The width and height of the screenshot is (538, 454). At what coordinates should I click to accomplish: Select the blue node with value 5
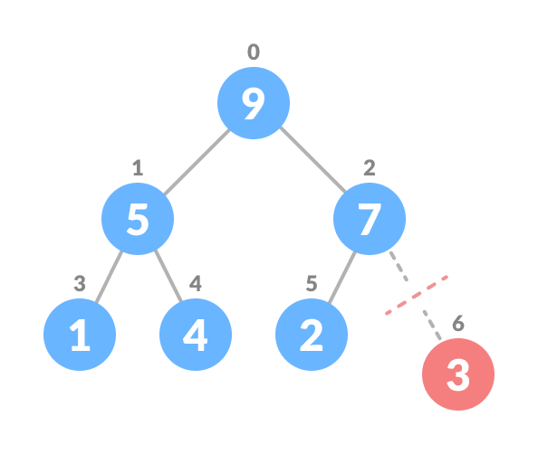137,219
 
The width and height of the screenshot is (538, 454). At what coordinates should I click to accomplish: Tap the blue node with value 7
370,219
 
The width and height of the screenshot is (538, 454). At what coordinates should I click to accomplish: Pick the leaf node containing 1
80,335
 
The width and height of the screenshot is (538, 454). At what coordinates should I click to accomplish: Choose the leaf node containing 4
196,335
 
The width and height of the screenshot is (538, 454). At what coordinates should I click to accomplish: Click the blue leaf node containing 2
312,335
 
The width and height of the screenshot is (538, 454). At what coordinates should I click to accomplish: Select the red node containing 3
458,374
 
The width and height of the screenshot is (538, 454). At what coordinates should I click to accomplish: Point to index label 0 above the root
254,52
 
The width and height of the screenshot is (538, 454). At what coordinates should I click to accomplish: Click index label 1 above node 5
137,168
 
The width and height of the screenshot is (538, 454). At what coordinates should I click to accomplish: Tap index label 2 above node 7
370,168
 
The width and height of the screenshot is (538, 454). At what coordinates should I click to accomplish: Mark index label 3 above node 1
80,284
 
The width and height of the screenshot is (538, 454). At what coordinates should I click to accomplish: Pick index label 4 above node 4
196,284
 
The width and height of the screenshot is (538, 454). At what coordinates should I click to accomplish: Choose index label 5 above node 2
312,284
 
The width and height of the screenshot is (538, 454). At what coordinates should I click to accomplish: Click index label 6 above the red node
458,324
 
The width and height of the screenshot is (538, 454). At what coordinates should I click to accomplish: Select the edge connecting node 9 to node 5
196,161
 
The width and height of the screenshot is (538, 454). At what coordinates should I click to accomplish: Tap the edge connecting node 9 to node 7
312,161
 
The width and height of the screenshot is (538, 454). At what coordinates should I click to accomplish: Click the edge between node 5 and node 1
109,277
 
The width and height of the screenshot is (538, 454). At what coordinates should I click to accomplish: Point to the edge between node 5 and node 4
167,277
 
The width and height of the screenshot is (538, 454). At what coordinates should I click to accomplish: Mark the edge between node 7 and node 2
341,277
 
